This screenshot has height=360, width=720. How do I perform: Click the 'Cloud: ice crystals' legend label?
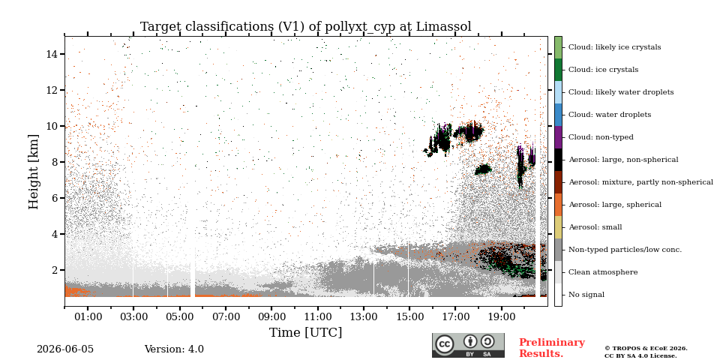click(603, 70)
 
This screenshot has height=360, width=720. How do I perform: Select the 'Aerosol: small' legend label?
click(595, 227)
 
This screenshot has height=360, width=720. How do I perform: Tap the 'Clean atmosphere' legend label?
click(603, 272)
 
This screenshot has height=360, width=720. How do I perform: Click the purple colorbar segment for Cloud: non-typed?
click(558, 137)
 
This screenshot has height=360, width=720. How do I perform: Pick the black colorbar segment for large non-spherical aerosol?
click(558, 160)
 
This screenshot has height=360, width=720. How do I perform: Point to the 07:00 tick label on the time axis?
click(226, 316)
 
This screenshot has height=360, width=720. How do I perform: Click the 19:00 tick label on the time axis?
click(502, 316)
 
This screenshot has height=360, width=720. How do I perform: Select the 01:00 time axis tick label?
click(88, 316)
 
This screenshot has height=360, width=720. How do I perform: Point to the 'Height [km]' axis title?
click(34, 172)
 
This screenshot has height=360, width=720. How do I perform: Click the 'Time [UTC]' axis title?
click(306, 332)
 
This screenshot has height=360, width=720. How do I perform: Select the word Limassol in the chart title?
click(443, 27)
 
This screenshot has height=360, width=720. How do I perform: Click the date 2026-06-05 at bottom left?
click(65, 349)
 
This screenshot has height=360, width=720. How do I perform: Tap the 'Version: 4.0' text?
click(174, 349)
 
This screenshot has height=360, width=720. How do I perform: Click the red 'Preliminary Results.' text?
click(552, 348)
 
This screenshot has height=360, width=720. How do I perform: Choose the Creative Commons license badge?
click(468, 345)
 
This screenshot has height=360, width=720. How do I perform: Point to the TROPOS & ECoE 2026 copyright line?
click(646, 349)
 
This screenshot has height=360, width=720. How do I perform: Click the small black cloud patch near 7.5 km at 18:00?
click(483, 169)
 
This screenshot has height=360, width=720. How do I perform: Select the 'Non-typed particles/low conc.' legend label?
click(625, 250)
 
